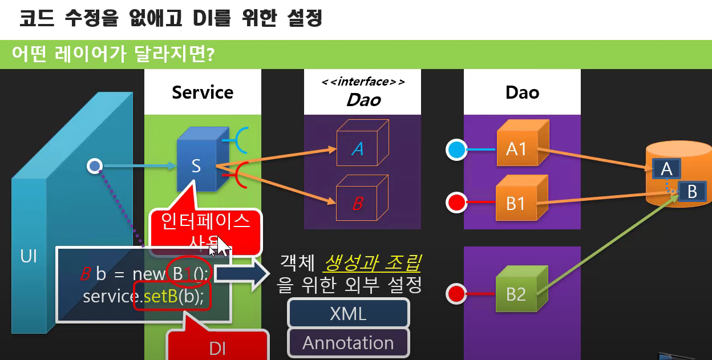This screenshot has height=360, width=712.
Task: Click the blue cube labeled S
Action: [196, 165]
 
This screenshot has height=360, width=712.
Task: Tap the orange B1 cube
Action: [516, 203]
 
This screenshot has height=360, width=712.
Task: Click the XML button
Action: [349, 313]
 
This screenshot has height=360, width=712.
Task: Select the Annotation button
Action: [349, 342]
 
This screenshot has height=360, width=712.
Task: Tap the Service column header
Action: [203, 92]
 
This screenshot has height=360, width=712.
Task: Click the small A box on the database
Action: [666, 168]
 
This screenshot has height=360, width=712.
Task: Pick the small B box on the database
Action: [692, 192]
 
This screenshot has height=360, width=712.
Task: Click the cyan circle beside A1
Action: [456, 150]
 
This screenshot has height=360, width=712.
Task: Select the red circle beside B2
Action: [456, 294]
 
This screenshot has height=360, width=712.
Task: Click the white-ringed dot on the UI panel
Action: [94, 166]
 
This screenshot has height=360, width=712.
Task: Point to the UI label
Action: [29, 256]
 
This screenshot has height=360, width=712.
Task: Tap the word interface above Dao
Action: [363, 82]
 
